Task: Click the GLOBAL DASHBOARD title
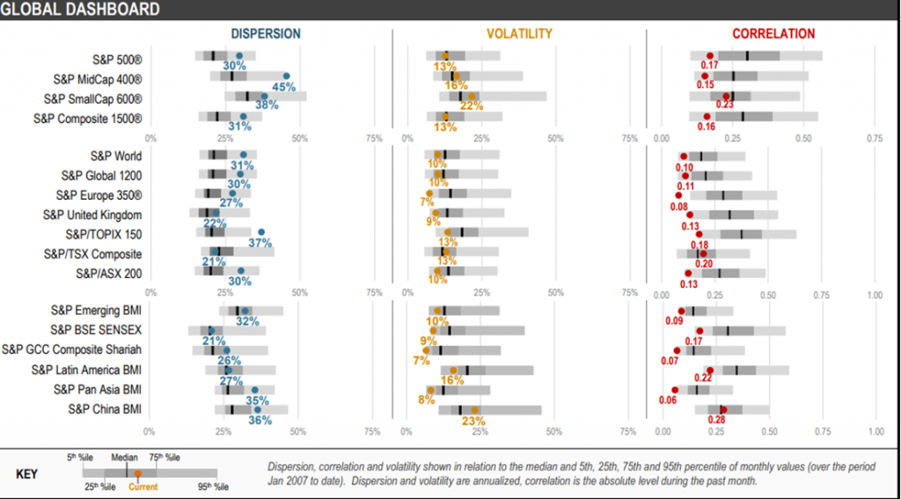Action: pyautogui.click(x=80, y=10)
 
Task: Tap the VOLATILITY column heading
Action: pyautogui.click(x=519, y=34)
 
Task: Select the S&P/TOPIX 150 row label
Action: pyautogui.click(x=103, y=234)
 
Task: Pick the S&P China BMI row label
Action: pyautogui.click(x=105, y=408)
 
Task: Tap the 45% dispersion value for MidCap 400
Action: pyautogui.click(x=283, y=87)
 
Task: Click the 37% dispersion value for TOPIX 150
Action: pyautogui.click(x=260, y=243)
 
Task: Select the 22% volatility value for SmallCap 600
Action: pyautogui.click(x=472, y=106)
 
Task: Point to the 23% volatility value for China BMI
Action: pyautogui.click(x=473, y=421)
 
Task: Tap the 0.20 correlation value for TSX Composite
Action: pyautogui.click(x=704, y=263)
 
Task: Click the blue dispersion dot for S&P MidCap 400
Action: pyautogui.click(x=286, y=77)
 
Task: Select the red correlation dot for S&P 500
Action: pyautogui.click(x=710, y=56)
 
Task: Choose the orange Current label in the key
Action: pyautogui.click(x=143, y=486)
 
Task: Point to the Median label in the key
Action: pyautogui.click(x=124, y=458)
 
